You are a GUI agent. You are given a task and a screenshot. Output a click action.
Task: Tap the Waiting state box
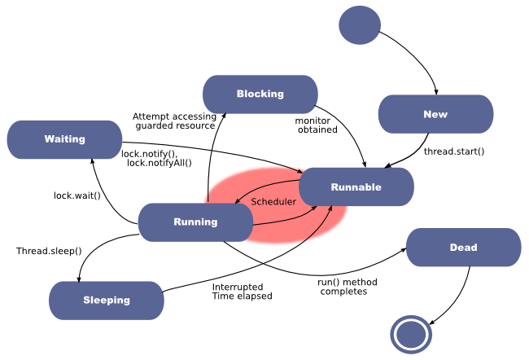(24, 139)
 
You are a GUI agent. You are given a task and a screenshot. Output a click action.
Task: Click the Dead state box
(496, 248)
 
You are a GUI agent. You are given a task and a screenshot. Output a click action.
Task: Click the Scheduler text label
(273, 201)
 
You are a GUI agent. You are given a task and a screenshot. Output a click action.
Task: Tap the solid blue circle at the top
(360, 25)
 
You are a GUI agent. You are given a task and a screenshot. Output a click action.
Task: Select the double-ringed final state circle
(410, 334)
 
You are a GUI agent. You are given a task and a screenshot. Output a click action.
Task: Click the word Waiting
(65, 139)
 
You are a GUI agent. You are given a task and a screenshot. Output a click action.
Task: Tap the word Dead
(463, 248)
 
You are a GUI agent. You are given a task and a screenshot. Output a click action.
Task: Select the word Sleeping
(107, 300)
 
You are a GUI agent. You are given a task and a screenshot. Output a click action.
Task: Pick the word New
(435, 114)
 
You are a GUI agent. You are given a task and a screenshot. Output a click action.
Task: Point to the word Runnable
(356, 187)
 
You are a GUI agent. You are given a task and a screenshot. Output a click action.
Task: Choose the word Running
(195, 222)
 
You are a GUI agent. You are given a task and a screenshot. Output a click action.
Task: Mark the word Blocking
(260, 94)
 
